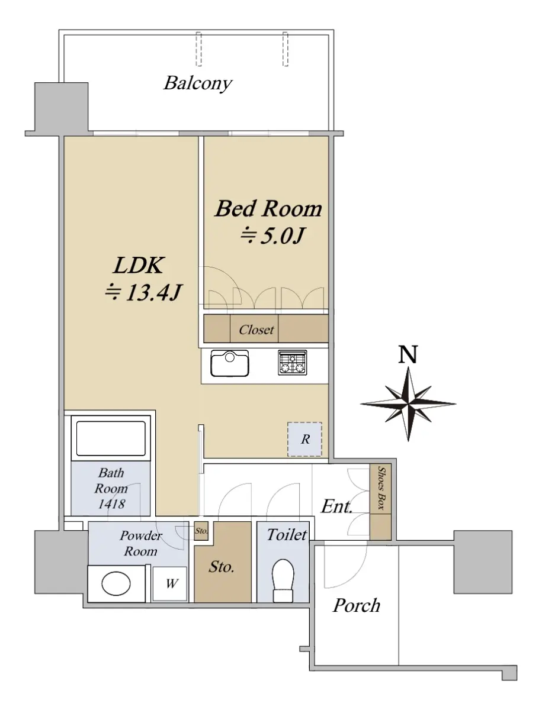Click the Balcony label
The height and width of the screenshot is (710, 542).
click(197, 83)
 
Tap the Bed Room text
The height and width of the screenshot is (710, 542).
click(268, 209)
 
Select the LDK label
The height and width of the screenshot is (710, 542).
click(139, 266)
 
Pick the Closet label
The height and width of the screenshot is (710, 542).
click(256, 330)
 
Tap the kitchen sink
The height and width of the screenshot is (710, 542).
click(230, 363)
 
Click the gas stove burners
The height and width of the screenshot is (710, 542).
click(293, 363)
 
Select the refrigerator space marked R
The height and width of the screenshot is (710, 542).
click(304, 439)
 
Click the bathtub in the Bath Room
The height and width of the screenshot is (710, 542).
click(111, 438)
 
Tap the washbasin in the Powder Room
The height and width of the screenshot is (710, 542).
click(116, 584)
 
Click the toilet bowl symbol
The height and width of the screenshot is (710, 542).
click(283, 580)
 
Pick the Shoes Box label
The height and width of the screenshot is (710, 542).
click(381, 488)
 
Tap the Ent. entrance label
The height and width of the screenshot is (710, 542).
click(336, 506)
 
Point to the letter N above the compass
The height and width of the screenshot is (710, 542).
click(408, 354)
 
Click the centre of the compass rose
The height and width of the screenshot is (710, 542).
click(408, 404)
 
